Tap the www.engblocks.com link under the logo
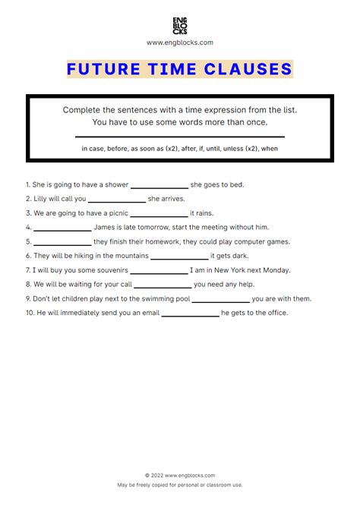(x=179, y=43)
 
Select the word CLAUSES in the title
(x=248, y=69)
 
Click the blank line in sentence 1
(x=159, y=185)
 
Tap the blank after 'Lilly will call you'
(x=117, y=199)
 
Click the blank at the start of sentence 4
(x=62, y=228)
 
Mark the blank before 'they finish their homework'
(x=62, y=242)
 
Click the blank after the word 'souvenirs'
(x=159, y=270)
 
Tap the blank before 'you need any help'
(x=163, y=285)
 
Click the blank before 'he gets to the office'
(x=190, y=313)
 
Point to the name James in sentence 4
(x=105, y=227)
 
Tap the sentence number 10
(x=29, y=313)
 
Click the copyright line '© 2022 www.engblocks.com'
(x=179, y=475)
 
